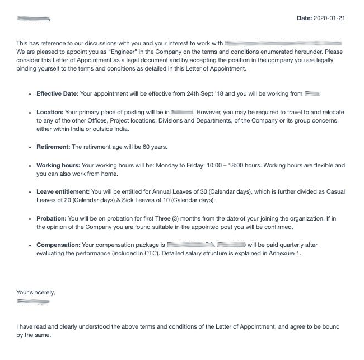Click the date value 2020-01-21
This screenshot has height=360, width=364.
329,18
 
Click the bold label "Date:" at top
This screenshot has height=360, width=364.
304,18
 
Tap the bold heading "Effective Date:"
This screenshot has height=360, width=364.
57,94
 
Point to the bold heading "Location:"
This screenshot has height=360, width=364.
50,113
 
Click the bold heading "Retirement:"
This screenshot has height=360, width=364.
53,147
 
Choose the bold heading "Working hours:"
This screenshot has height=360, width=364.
58,166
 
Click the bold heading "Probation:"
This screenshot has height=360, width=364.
52,218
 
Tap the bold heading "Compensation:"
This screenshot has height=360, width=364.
58,245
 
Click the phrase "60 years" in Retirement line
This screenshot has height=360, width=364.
155,147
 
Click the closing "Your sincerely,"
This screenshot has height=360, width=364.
36,292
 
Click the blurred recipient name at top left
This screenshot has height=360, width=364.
33,18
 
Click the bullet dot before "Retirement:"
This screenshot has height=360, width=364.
30,147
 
